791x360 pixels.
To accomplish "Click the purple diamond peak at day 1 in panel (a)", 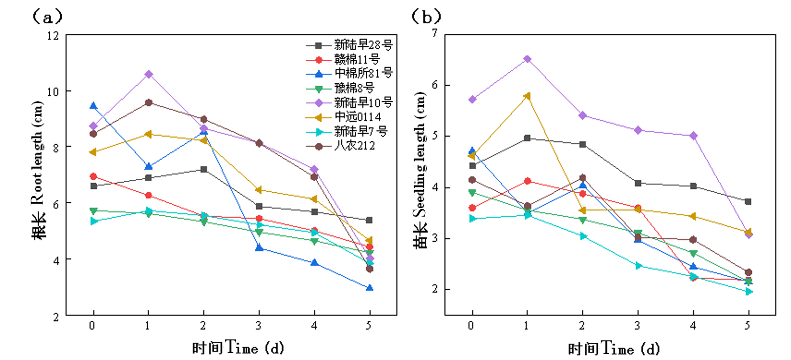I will (x=149, y=75).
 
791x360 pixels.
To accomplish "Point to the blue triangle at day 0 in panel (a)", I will (x=93, y=106).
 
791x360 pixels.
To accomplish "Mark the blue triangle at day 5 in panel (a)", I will (x=369, y=288).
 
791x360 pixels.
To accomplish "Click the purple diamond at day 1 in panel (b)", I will (x=527, y=59).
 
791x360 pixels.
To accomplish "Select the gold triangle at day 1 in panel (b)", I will (x=527, y=96).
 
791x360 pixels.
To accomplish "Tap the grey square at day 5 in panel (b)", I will (x=748, y=202).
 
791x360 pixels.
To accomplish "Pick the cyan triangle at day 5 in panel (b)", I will (x=748, y=291).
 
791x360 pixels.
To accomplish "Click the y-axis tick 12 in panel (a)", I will (x=53, y=36).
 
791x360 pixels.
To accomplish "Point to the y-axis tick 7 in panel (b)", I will (x=434, y=33).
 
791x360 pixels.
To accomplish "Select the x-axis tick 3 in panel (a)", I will (x=258, y=326).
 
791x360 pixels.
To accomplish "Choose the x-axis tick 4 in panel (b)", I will (x=692, y=326).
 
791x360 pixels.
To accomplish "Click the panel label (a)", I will (x=47, y=17).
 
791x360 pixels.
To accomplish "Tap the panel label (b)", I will (x=426, y=17).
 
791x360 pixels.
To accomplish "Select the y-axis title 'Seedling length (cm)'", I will (x=419, y=170).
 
